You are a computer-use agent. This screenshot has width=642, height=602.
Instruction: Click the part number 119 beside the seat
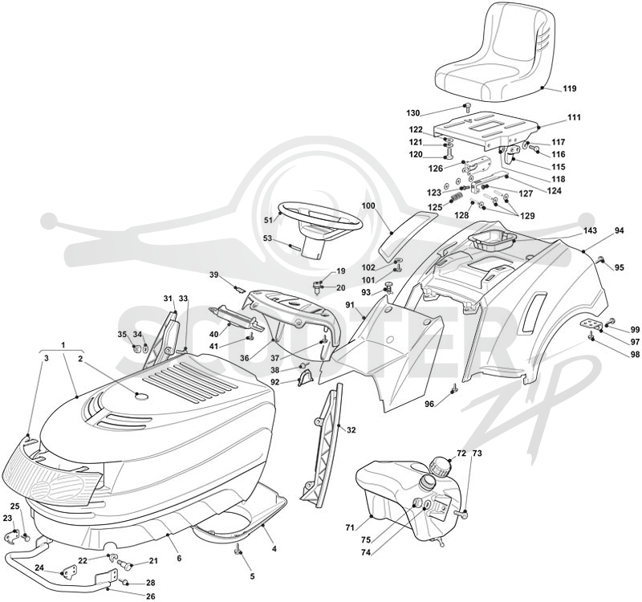point(570,88)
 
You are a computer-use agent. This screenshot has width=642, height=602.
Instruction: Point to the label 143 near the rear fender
point(591,230)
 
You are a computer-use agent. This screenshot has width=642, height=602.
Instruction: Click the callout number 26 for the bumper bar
point(151,596)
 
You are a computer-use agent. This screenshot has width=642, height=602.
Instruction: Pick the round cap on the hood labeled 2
point(141,396)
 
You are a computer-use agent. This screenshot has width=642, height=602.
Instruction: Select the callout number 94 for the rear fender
point(619,231)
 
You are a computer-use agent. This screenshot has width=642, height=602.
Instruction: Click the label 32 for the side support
point(351,430)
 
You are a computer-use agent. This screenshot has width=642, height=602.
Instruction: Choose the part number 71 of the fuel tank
point(349,528)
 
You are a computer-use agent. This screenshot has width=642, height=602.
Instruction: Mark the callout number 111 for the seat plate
point(574,117)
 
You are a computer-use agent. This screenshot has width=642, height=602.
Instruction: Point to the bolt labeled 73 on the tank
point(461,512)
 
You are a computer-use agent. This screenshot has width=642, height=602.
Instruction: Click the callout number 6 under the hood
point(179,558)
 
